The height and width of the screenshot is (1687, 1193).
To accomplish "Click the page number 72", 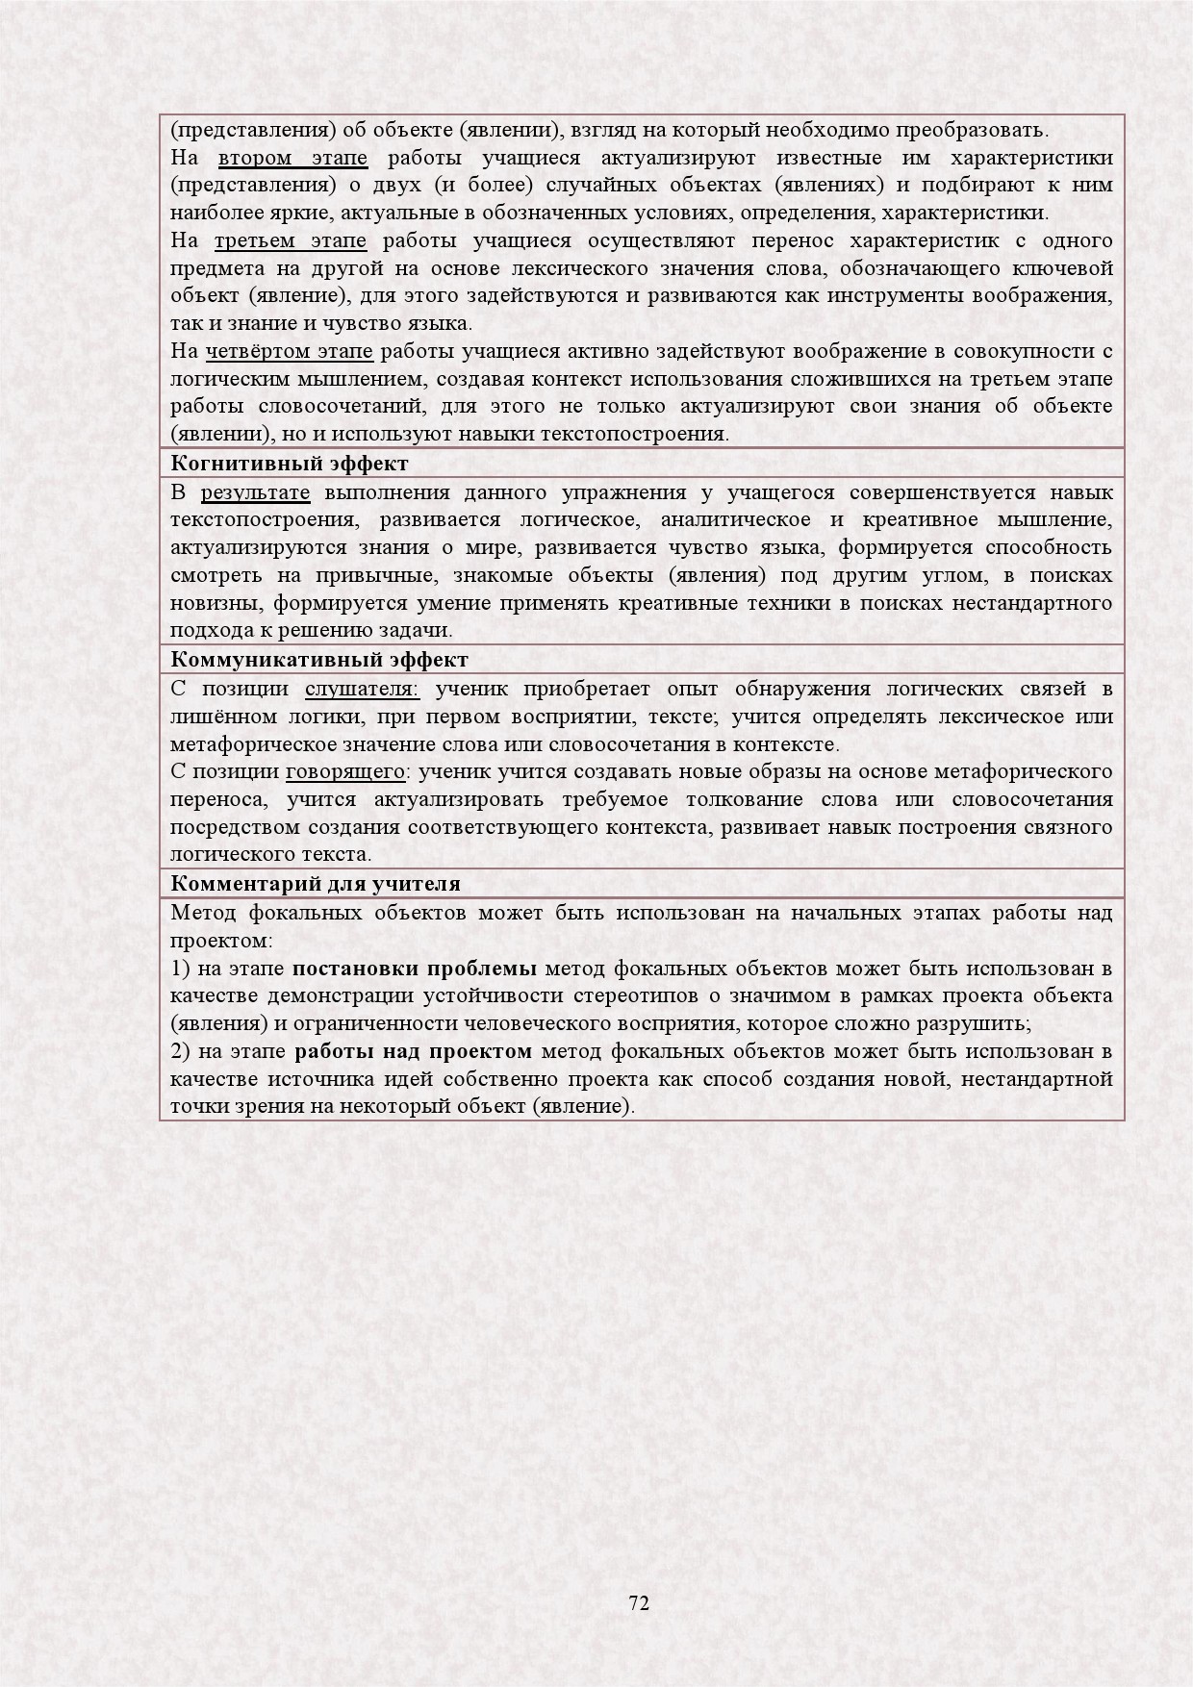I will (x=639, y=1602).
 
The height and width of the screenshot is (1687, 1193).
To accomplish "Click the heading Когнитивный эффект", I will (x=290, y=464).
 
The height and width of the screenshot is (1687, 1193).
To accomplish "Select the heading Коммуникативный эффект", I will (x=319, y=660).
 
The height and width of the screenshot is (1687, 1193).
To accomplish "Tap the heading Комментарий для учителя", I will (x=316, y=884).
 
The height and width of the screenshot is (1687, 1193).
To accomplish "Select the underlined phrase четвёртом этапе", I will (x=290, y=351).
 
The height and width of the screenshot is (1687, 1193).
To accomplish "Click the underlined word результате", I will (x=255, y=493).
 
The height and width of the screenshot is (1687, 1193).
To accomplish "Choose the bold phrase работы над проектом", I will (x=414, y=1051).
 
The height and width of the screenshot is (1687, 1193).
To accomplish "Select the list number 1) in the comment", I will (x=180, y=968).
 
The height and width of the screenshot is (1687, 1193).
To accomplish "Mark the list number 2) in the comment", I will (x=180, y=1051).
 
